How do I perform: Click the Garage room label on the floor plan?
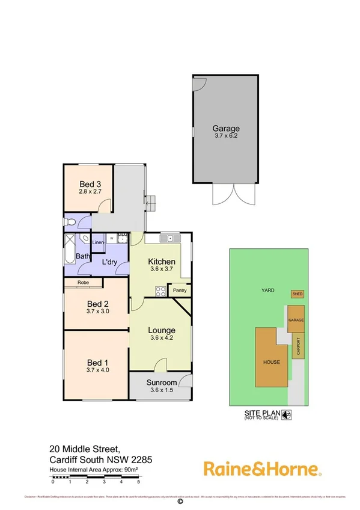pyautogui.click(x=226, y=128)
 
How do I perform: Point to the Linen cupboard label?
pyautogui.click(x=99, y=242)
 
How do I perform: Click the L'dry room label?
pyautogui.click(x=109, y=262)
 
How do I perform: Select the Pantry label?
pyautogui.click(x=180, y=290)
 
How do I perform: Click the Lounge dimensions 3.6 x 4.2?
pyautogui.click(x=162, y=338)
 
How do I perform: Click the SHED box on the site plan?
pyautogui.click(x=297, y=294)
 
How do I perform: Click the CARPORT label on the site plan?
pyautogui.click(x=297, y=347)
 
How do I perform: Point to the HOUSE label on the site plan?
pyautogui.click(x=271, y=363)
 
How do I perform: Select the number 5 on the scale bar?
pyautogui.click(x=139, y=482)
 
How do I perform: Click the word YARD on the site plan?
pyautogui.click(x=268, y=290)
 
